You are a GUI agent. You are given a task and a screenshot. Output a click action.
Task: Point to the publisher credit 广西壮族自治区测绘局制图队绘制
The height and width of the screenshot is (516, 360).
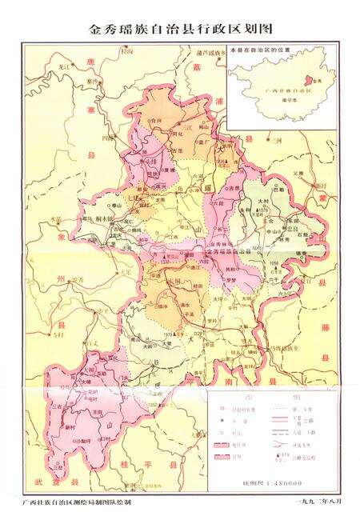pyautogui.click(x=77, y=502)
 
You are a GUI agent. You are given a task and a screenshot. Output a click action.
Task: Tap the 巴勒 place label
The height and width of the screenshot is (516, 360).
pyautogui.click(x=279, y=190)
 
